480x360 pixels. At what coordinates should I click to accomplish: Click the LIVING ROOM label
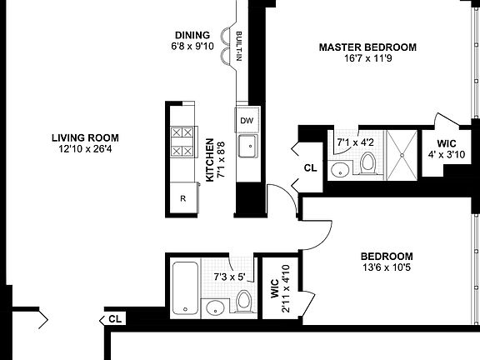[84, 137]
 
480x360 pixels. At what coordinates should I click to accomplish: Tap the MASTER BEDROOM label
[367, 47]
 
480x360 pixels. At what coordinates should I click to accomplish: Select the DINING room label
[192, 35]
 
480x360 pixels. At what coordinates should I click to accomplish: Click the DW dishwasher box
[247, 121]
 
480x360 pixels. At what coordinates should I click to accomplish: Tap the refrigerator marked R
[183, 198]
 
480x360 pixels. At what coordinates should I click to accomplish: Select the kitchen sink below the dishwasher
[247, 147]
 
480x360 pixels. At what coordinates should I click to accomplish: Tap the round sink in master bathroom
[340, 171]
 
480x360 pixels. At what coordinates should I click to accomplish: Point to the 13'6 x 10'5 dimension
[387, 268]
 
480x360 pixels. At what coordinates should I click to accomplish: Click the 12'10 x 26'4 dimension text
[84, 150]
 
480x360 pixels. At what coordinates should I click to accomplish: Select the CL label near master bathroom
[310, 168]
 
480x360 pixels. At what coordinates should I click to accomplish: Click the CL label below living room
[115, 318]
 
